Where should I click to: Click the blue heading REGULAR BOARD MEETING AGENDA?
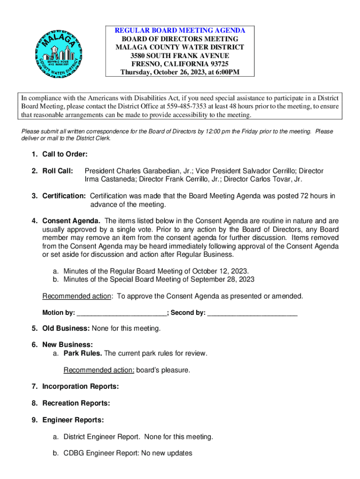coord(180,30)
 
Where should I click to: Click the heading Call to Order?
coord(65,154)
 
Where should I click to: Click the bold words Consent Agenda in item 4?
coord(71,221)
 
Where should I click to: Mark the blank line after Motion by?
coord(122,312)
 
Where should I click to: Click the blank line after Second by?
coord(252,312)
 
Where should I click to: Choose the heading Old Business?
coord(66,328)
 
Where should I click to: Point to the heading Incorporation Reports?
coord(80,386)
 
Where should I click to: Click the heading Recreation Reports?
coord(76,403)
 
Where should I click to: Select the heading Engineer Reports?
coord(73,420)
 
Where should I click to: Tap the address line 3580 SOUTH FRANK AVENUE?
coord(180,56)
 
